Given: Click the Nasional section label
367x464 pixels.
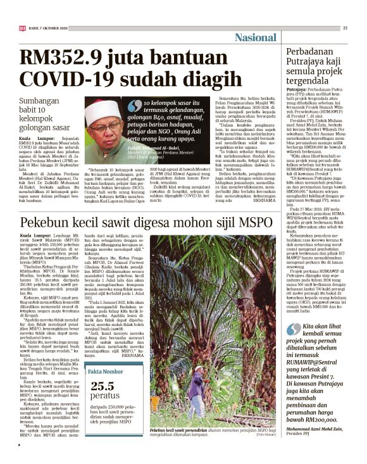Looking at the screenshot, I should [x=255, y=37].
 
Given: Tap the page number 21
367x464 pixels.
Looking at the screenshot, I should [x=345, y=28].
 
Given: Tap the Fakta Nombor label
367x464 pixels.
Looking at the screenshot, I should [x=106, y=354].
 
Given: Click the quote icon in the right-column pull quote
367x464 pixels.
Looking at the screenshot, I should [x=293, y=311].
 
